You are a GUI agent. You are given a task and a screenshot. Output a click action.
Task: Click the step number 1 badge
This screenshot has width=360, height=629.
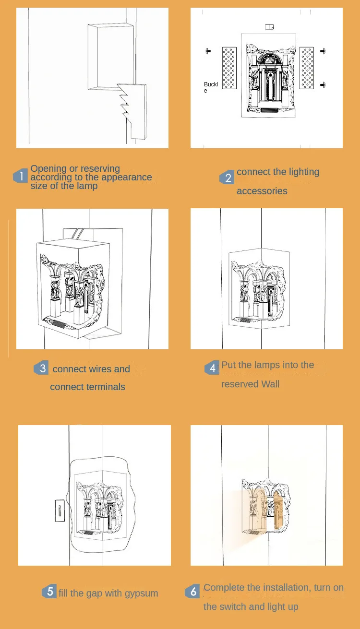point(21,176)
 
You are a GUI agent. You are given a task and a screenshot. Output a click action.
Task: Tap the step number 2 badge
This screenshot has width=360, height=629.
point(227,178)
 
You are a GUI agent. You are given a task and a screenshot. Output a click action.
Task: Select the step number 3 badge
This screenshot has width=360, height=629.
point(41,368)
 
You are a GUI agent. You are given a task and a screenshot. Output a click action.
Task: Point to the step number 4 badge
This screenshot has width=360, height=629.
point(212,368)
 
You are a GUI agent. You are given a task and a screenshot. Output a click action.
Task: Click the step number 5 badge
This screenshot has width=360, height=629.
point(49,591)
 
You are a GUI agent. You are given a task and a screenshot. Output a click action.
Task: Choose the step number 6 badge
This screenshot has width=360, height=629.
point(192,591)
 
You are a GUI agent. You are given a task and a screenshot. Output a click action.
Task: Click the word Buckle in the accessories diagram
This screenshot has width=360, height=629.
point(211,87)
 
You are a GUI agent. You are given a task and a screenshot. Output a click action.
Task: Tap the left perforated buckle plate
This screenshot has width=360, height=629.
point(229,68)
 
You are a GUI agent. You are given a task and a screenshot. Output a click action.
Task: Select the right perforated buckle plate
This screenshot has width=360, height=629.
point(307,68)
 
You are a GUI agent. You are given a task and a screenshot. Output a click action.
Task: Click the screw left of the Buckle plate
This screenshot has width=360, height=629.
point(208,51)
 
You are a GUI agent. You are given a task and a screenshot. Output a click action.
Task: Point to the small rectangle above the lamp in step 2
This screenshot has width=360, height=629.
point(269,27)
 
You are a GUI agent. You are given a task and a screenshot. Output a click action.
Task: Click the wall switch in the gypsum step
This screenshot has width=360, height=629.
point(60,510)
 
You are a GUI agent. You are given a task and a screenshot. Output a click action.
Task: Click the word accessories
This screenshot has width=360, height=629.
point(262,191)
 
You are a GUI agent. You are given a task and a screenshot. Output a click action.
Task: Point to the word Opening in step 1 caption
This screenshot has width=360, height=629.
point(48,169)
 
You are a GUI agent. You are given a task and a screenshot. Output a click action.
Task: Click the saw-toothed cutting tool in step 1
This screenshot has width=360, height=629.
point(132,111)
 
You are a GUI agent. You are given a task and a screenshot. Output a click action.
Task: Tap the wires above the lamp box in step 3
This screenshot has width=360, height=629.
point(78,234)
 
